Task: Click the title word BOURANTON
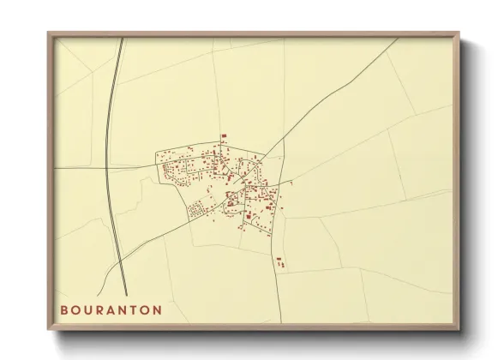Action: click(111, 309)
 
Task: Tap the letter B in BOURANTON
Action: click(65, 309)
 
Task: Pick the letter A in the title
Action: click(110, 309)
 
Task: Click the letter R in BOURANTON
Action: click(99, 309)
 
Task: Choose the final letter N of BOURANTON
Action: click(156, 309)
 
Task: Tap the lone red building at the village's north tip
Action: click(224, 136)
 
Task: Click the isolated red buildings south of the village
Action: click(279, 261)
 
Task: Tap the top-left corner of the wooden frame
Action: click(48, 33)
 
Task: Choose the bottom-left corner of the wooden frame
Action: click(48, 328)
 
